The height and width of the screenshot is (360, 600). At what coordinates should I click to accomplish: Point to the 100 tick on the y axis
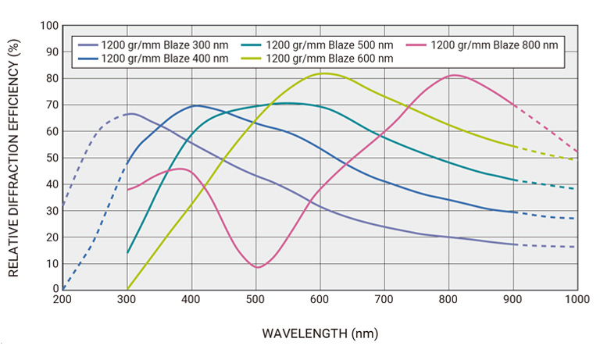pos(49,26)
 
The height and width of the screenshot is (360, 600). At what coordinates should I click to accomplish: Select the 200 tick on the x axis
pos(62,299)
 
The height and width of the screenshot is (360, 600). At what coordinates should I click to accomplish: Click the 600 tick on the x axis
pos(320,299)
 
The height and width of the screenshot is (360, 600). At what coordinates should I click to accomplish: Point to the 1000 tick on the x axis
pos(577,299)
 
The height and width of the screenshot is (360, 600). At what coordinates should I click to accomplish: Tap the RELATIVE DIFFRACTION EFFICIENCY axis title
pos(13,157)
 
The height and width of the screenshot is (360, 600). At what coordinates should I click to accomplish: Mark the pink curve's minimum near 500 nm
pos(257,267)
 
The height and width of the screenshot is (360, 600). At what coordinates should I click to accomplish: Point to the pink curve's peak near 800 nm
pos(453,75)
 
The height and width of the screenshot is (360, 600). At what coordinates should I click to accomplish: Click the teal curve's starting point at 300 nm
pos(127,252)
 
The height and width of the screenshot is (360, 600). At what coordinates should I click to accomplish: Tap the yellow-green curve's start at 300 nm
pos(127,289)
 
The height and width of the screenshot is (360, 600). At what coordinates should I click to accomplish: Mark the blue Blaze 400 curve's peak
pos(195,105)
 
